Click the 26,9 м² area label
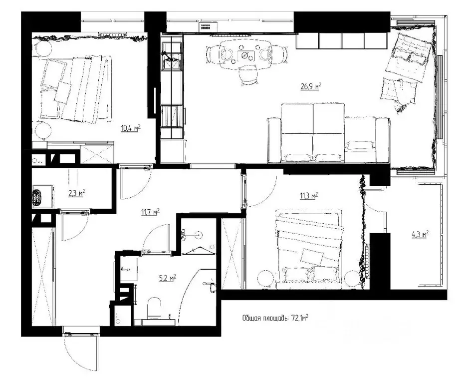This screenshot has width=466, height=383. tap(311, 86)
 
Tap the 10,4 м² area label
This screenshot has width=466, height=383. tap(130, 128)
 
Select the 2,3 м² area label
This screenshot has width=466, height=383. tap(77, 193)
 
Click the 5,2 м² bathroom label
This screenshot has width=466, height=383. tap(168, 278)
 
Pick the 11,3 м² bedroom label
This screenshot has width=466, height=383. tap(309, 196)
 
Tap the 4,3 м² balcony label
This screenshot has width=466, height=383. tap(420, 235)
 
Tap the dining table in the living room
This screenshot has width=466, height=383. tap(245, 55)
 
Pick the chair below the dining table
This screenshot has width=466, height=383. tap(248, 76)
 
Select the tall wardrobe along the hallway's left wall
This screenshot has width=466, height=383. tap(43, 277)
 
